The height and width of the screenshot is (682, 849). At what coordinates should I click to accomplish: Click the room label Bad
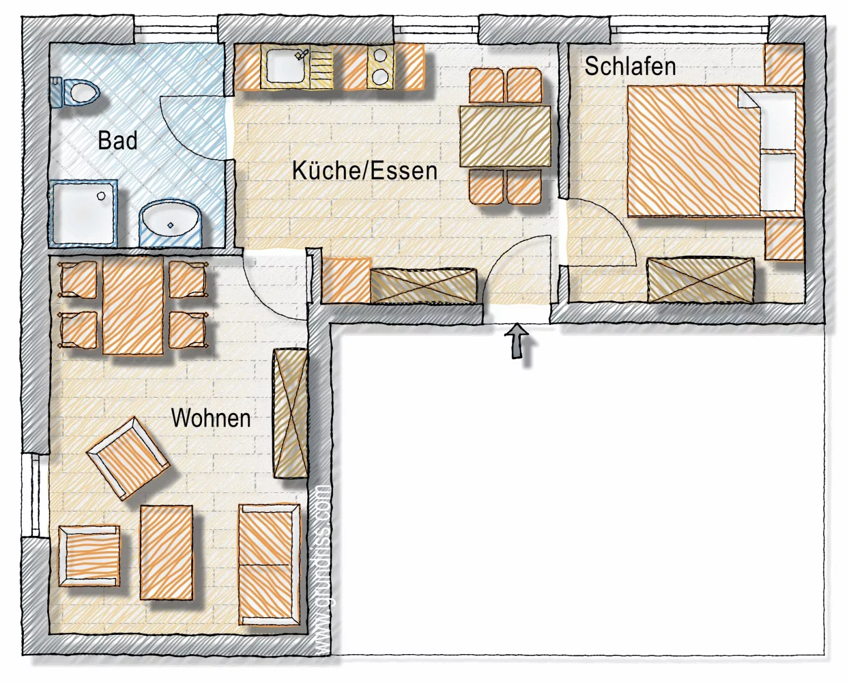(x=118, y=140)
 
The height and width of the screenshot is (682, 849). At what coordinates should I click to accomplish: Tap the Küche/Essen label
(x=365, y=171)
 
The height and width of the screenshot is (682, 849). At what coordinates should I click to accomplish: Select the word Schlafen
(x=630, y=66)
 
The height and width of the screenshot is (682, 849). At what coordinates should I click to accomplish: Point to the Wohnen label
(x=211, y=418)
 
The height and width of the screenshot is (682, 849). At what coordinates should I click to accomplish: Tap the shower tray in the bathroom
(x=83, y=213)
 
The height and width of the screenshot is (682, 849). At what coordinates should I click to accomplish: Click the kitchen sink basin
(x=285, y=66)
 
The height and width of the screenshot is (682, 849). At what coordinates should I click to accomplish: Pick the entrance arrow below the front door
(x=517, y=341)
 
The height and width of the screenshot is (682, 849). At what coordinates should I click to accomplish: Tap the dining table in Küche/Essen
(x=505, y=136)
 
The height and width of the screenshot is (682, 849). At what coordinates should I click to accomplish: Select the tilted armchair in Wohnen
(x=128, y=458)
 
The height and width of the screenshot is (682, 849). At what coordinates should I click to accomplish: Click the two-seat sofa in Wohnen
(x=269, y=564)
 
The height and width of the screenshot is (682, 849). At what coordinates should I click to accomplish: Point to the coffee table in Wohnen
(x=167, y=553)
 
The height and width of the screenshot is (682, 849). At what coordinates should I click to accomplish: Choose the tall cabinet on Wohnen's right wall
(x=290, y=413)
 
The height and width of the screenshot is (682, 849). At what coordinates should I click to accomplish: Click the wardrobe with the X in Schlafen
(x=700, y=280)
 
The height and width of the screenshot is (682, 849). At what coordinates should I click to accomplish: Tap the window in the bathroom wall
(x=176, y=30)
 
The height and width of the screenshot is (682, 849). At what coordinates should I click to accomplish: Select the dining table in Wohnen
(x=133, y=305)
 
